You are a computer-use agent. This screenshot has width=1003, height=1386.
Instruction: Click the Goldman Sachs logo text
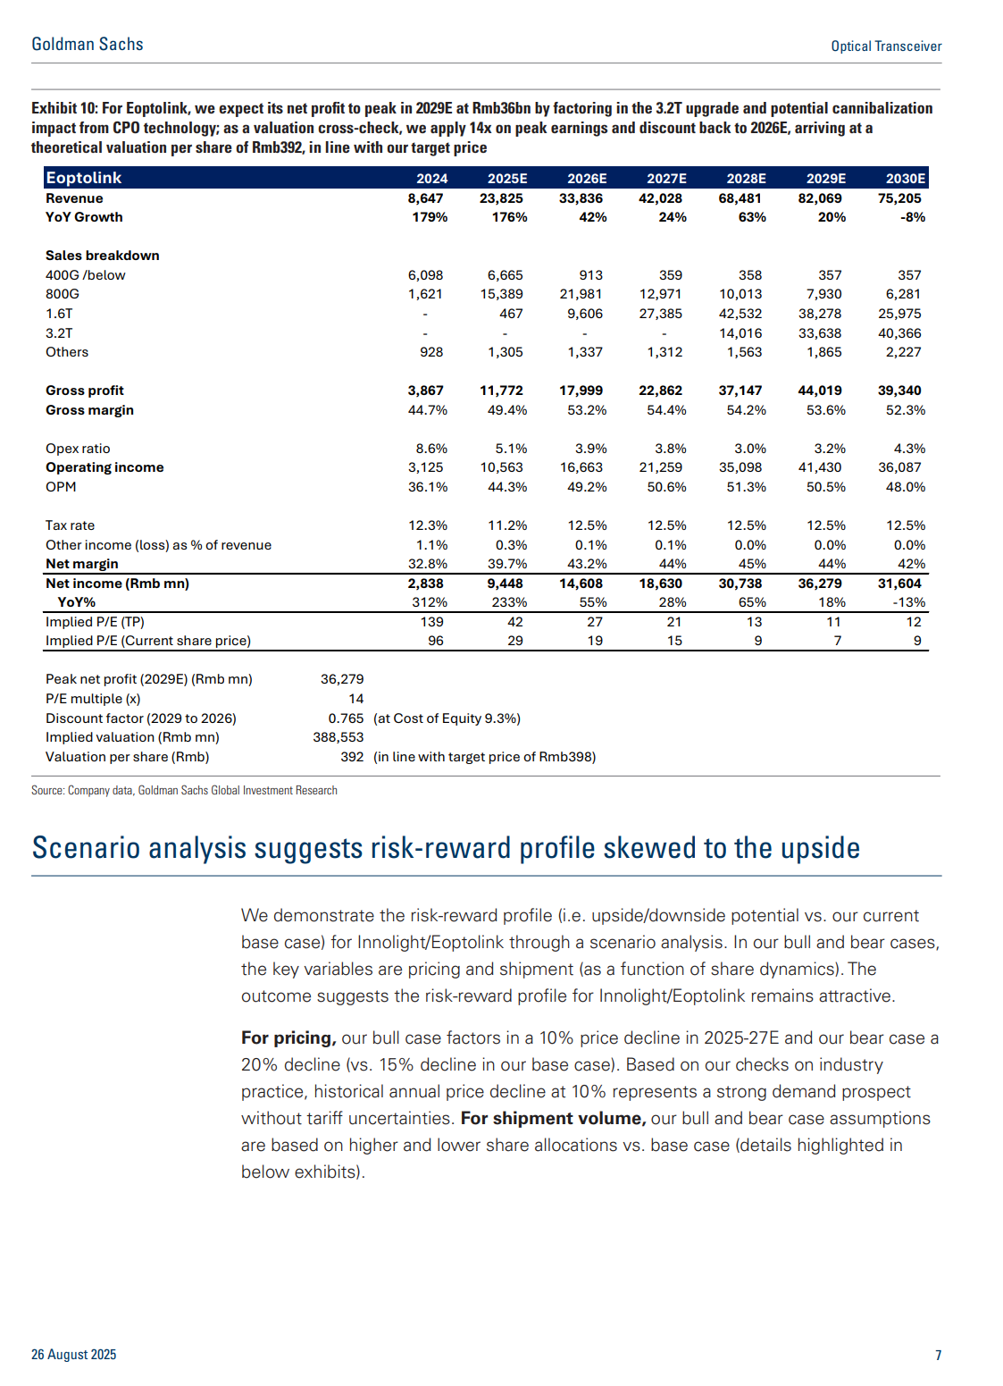88,45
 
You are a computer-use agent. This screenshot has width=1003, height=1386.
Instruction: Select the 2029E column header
825,179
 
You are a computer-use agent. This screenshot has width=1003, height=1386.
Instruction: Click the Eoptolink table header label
83,178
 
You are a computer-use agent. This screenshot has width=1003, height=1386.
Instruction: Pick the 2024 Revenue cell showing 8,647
425,198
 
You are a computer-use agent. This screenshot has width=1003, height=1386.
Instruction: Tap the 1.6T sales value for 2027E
660,314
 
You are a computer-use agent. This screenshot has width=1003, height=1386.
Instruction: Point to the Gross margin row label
89,410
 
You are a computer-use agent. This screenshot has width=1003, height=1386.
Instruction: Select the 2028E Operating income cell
740,467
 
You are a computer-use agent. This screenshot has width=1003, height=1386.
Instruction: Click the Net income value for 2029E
820,584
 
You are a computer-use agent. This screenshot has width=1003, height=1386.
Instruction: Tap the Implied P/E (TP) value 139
436,622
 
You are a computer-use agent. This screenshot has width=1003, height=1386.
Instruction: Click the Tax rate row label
70,525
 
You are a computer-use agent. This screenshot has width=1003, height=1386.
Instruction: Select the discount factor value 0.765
346,718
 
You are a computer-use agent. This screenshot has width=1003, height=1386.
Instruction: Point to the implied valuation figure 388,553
339,737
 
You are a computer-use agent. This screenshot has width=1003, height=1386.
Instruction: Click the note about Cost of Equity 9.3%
447,718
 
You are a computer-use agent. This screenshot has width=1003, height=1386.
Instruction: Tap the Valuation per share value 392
352,757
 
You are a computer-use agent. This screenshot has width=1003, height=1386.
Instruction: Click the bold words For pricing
288,1037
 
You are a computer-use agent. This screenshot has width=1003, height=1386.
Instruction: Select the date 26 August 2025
73,1355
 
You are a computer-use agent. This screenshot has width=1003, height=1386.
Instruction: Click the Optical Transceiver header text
886,46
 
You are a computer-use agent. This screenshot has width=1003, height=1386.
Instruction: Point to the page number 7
938,1355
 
